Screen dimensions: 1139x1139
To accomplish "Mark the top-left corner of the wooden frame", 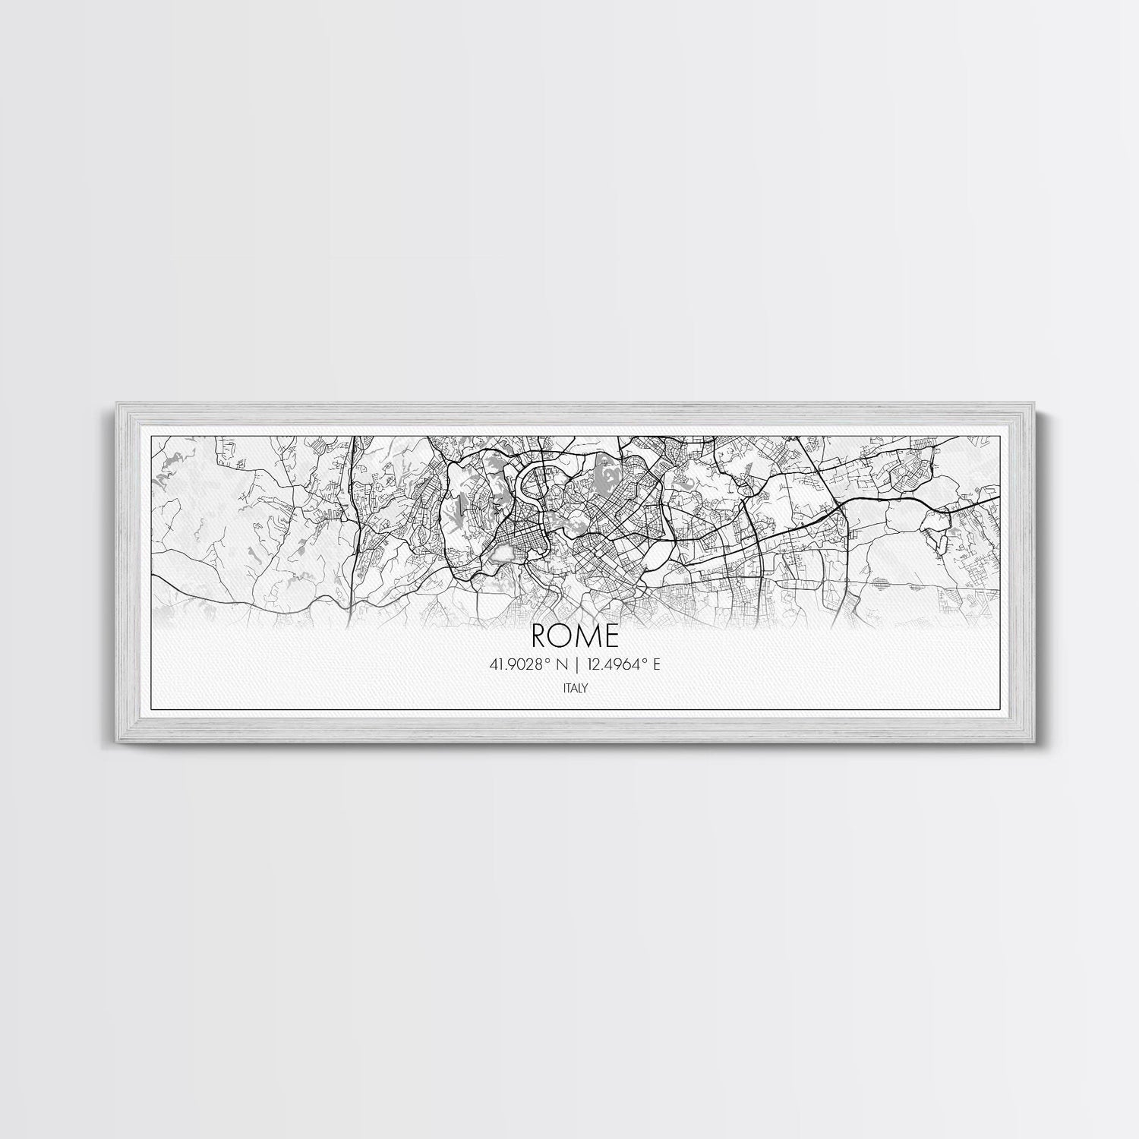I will coord(113,402).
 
